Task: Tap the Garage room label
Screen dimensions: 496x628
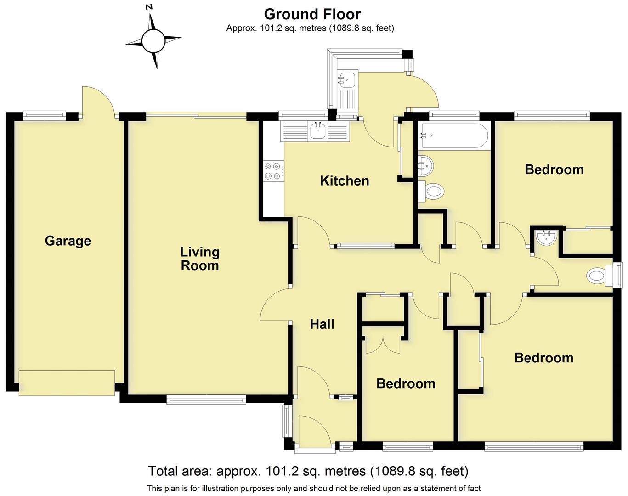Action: point(68,241)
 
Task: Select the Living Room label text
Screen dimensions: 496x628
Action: point(199,259)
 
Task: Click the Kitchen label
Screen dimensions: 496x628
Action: point(345,180)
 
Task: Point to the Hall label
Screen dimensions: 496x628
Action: point(322,324)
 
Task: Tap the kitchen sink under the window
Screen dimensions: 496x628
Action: point(318,130)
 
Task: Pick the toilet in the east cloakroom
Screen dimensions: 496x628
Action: point(597,276)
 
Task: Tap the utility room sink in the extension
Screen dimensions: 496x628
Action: point(347,79)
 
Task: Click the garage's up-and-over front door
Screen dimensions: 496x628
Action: point(67,383)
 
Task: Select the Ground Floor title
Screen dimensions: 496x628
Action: point(312,14)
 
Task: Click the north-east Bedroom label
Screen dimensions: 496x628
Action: point(554,169)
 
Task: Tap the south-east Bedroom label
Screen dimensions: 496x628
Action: point(543,358)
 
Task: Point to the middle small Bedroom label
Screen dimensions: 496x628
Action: point(405,383)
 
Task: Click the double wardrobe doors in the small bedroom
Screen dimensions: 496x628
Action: point(382,344)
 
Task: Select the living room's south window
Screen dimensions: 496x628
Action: point(206,400)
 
